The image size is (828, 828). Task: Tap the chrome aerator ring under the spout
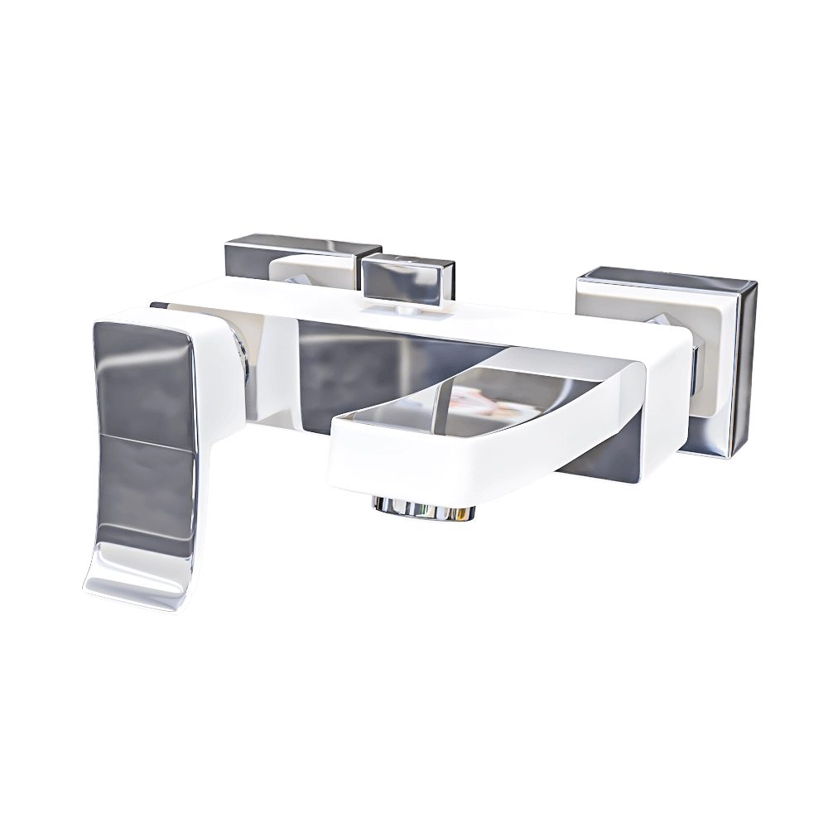(424, 508)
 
